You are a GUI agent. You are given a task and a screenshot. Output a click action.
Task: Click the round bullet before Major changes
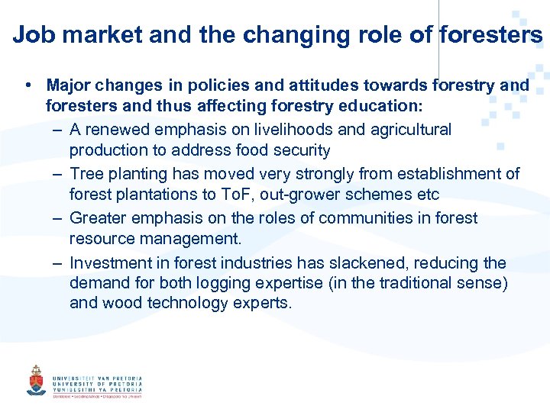coord(27,85)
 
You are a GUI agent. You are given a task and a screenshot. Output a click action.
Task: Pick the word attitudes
coord(299,85)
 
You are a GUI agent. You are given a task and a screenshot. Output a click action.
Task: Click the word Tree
coord(86,174)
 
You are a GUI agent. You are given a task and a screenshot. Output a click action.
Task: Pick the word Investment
coord(108,263)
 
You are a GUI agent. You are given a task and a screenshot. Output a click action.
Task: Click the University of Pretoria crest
coord(36,379)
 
